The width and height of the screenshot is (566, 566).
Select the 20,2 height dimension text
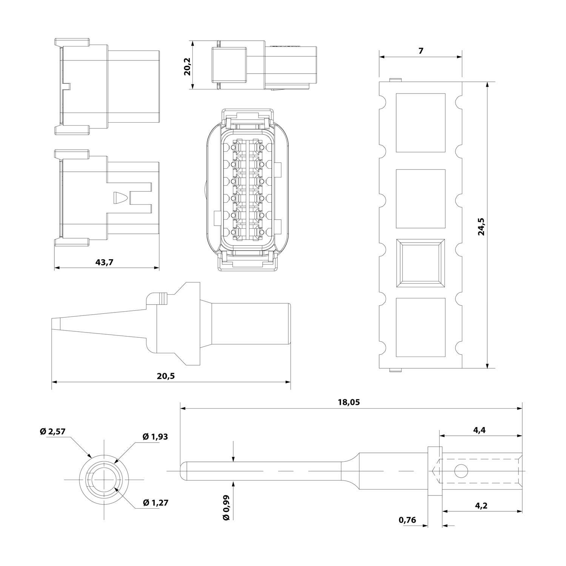pos(188,66)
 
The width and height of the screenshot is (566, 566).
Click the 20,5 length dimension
pos(166,376)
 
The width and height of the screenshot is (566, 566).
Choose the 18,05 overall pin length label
pos(349,402)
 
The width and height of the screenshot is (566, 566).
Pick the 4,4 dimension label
pos(479,430)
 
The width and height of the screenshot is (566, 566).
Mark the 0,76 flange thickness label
pos(407,520)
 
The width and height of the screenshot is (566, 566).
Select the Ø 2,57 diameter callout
pos(52,431)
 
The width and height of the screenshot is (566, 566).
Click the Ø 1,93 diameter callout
pos(155,437)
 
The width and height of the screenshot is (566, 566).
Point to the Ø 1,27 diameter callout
pos(155,503)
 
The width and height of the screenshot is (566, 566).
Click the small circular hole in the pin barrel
pos(461,471)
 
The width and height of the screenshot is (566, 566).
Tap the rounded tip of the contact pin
pos(184,471)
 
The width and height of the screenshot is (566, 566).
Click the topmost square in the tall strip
pos(420,123)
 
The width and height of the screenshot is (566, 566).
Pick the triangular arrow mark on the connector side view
pos(119,198)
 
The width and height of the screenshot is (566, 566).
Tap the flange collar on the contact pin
pos(435,471)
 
